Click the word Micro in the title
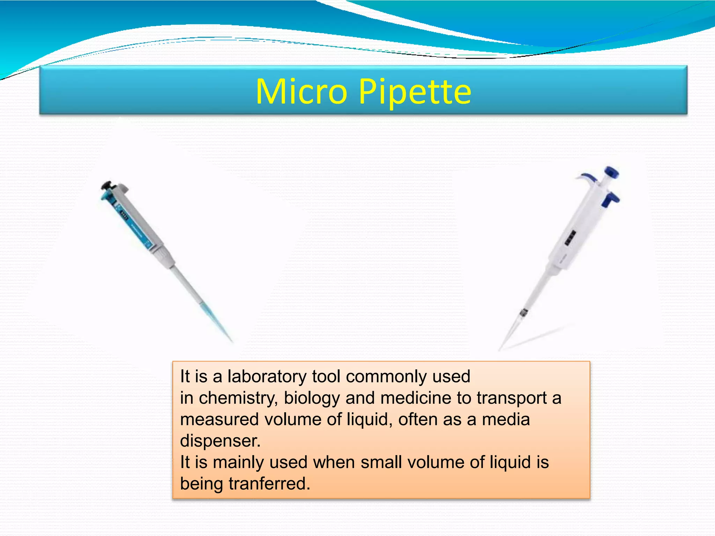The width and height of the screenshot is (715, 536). point(301,91)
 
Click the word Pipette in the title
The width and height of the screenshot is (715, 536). point(415,92)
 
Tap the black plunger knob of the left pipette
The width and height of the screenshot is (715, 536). point(107,185)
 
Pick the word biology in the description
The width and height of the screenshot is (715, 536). point(312,398)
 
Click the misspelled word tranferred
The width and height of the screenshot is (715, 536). point(269,484)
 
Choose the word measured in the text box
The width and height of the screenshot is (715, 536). point(219,419)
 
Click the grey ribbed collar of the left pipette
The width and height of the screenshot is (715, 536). point(164,256)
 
